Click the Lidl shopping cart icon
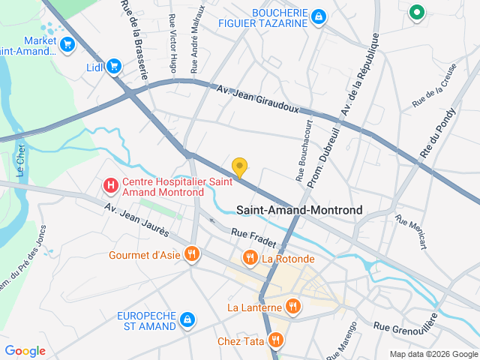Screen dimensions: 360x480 pos(114,67)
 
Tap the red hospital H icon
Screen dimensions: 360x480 pos(110,184)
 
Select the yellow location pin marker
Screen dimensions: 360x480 pos(239,167)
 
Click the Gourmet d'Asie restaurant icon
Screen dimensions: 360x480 pos(192,254)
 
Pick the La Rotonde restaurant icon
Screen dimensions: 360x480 pos(250,259)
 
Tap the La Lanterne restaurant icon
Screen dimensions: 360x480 pos(292,307)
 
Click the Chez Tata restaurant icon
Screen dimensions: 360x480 pos(276,341)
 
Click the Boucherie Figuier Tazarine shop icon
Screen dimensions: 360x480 pos(319,16)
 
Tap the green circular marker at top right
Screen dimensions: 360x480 pos(416,12)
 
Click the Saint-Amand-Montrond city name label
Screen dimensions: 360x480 pos(299,210)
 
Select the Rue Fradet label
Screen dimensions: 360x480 pos(253,238)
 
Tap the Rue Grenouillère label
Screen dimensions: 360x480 pos(405,327)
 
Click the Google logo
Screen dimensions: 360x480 pos(25,351)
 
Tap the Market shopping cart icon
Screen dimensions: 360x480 pos(68,45)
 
